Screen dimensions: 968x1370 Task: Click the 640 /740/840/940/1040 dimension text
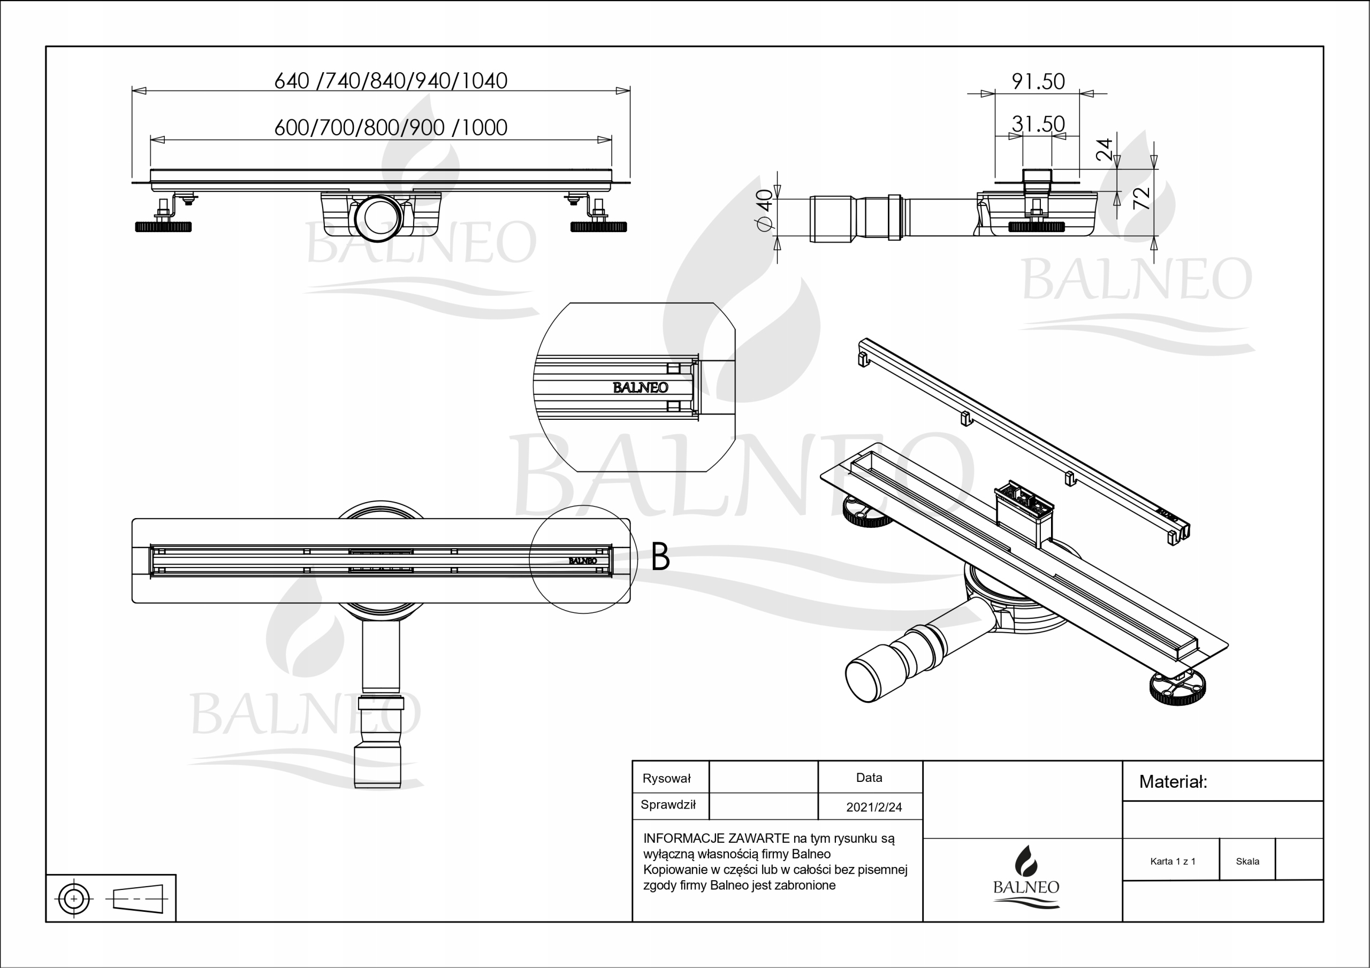(391, 81)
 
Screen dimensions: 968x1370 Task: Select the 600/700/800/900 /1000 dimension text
(391, 127)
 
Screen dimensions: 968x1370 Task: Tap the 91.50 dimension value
(1038, 81)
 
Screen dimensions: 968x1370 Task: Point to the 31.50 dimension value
(1038, 124)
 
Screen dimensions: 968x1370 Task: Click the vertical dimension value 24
(1105, 149)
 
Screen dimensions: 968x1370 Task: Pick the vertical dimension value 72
(1140, 198)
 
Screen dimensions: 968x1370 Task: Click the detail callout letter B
(660, 556)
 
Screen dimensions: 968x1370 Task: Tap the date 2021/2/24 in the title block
(873, 807)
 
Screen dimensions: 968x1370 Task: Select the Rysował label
(666, 778)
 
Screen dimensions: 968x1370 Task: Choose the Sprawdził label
(668, 804)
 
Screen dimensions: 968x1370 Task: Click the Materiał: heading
(1173, 782)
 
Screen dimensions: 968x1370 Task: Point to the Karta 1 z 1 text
(1173, 861)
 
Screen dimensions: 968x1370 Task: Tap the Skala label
(1247, 861)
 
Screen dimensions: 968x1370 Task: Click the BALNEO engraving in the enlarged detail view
(640, 388)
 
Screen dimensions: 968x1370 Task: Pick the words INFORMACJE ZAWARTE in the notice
(716, 838)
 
